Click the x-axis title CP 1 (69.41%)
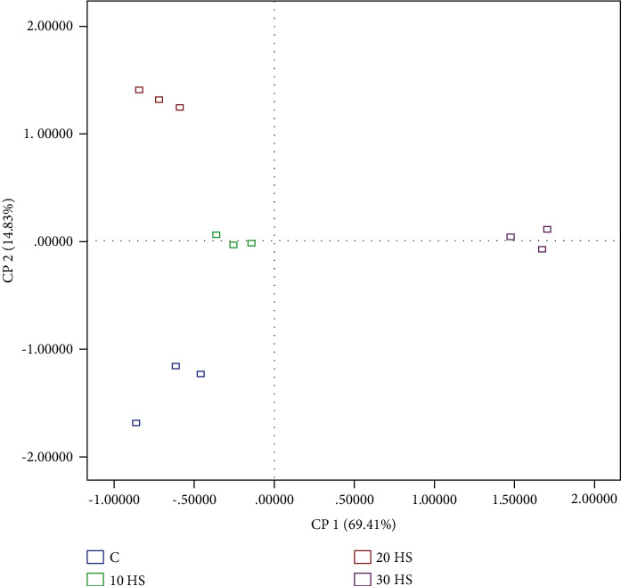pos(353,524)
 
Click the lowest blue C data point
pos(136,423)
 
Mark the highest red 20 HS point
pos(139,90)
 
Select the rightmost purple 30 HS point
pos(547,229)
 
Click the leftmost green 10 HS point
pos(217,235)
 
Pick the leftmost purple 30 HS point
pos(511,237)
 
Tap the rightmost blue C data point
pos(200,374)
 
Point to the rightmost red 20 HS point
pos(179,108)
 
